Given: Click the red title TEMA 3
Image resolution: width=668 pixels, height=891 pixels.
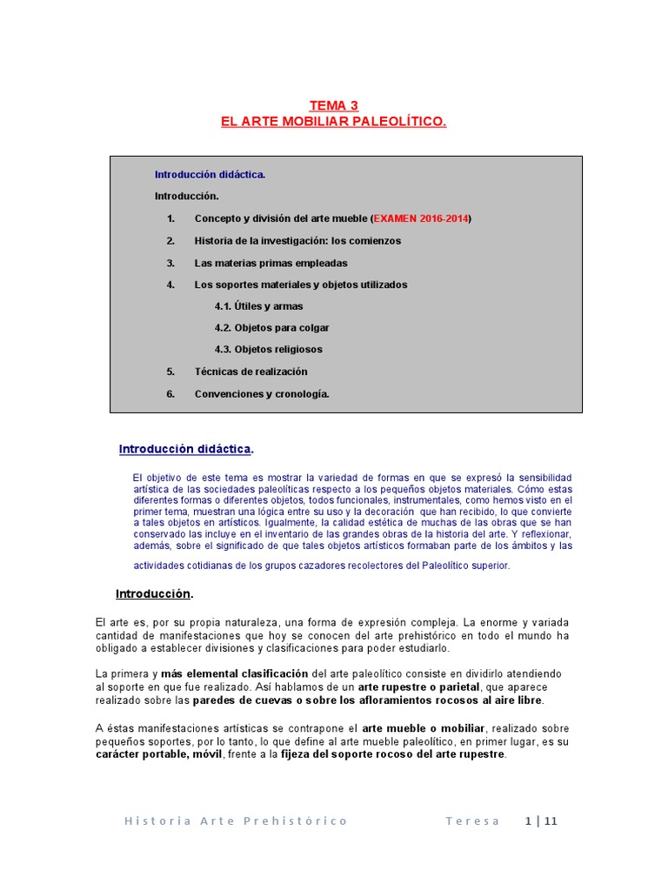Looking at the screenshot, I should [x=333, y=105].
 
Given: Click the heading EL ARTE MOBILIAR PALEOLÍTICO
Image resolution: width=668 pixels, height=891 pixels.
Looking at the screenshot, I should [x=333, y=122].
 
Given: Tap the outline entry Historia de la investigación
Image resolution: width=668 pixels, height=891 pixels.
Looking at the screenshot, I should [x=297, y=240].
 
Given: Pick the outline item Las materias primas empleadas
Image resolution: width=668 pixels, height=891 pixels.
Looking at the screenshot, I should [x=271, y=263].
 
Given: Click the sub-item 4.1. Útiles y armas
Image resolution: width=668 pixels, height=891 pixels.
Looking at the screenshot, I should [x=258, y=306].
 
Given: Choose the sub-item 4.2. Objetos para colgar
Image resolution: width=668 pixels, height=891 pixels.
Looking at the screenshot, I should [x=271, y=328].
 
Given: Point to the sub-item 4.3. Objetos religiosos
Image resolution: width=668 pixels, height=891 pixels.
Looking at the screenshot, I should [x=268, y=349].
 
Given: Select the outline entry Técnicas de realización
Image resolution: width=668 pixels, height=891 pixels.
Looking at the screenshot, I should [x=250, y=372].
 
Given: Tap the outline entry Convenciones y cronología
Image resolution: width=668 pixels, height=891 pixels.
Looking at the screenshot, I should [x=262, y=393].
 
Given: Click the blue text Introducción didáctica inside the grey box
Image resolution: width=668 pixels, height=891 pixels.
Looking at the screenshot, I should [x=210, y=174].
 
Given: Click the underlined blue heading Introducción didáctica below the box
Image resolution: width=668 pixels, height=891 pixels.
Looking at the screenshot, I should [x=185, y=449].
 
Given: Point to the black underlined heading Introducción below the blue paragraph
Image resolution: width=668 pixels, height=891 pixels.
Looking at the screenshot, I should [x=153, y=593].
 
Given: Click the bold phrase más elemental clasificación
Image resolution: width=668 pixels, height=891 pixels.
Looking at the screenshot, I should [x=234, y=673].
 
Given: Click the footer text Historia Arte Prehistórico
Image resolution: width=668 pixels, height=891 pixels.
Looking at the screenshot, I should [x=236, y=821].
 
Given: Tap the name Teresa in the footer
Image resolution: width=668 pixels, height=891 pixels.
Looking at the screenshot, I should [x=472, y=821].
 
